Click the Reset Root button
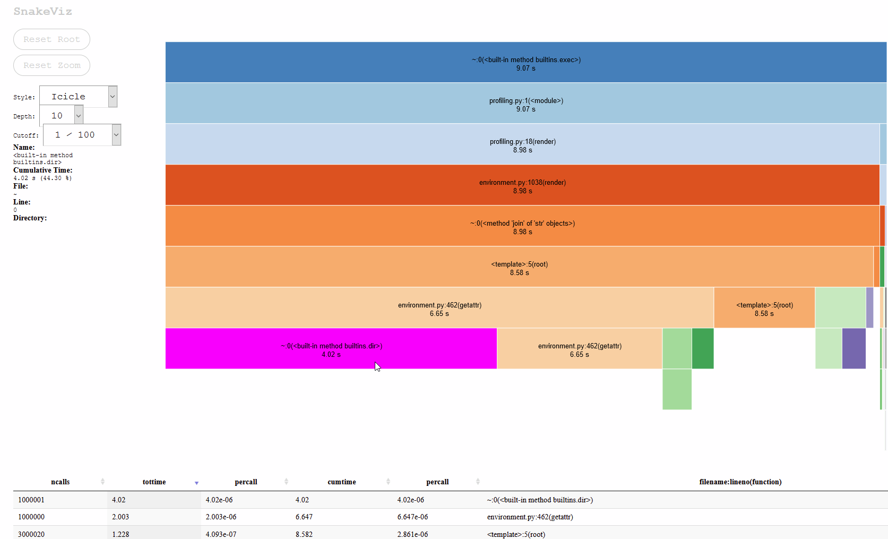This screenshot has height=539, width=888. [x=51, y=39]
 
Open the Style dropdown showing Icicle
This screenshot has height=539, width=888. [x=78, y=97]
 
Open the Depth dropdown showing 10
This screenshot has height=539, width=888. [x=62, y=116]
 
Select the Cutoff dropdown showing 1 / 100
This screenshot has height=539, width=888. [x=82, y=135]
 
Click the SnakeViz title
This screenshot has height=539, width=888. [x=42, y=11]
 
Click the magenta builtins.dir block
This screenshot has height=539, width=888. [x=331, y=348]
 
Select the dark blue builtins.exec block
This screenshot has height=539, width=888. [x=525, y=62]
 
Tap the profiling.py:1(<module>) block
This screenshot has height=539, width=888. [x=525, y=103]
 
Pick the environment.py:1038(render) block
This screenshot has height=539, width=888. [x=522, y=185]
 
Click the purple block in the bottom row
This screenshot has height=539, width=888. [x=853, y=348]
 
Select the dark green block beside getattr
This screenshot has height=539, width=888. [x=703, y=348]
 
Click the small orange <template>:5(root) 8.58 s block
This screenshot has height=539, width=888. [x=764, y=307]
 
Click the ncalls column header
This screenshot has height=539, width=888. [x=60, y=482]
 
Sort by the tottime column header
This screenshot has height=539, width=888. [x=154, y=482]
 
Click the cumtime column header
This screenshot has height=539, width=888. [x=341, y=482]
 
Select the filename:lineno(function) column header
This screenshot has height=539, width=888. [x=740, y=482]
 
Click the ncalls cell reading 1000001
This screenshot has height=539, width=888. [x=31, y=500]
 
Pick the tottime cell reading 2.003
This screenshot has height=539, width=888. [x=120, y=517]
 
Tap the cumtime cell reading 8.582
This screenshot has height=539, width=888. [x=304, y=534]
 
